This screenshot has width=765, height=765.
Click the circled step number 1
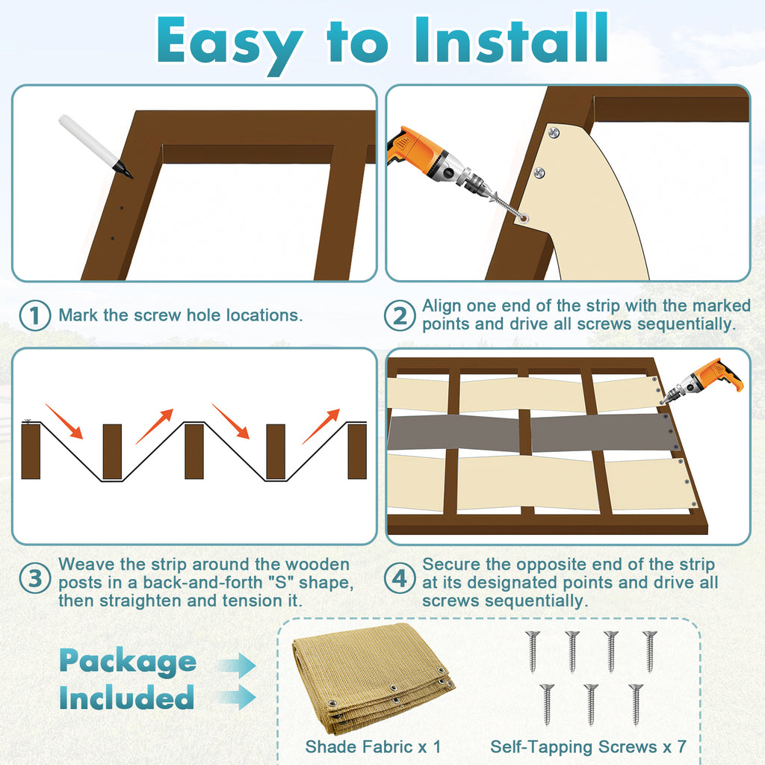click(x=34, y=315)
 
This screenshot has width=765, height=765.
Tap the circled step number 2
click(x=400, y=315)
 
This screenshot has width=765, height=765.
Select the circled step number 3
click(x=34, y=578)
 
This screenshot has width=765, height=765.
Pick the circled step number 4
click(x=400, y=578)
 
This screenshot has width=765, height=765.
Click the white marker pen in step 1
click(x=95, y=146)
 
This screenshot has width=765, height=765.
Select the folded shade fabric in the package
click(x=373, y=678)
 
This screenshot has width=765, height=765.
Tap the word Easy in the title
click(x=229, y=45)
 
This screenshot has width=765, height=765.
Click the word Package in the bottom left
click(x=128, y=662)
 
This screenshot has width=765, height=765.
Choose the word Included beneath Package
click(x=127, y=697)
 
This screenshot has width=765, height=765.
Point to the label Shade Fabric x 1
click(x=374, y=746)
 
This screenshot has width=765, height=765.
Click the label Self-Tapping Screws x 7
click(x=589, y=746)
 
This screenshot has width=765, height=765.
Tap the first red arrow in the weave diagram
click(x=64, y=421)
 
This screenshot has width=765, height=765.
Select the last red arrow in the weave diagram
click(x=320, y=427)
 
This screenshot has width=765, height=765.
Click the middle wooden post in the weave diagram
click(x=194, y=451)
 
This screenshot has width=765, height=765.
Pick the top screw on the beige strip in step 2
click(x=554, y=131)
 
